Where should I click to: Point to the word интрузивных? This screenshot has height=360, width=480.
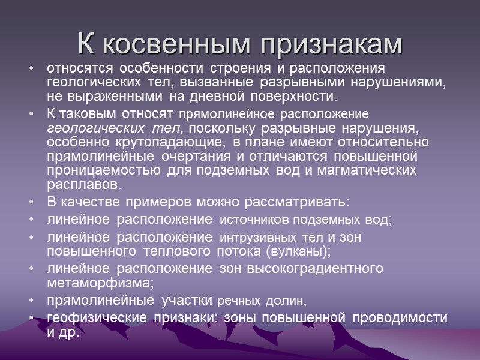tap(260, 238)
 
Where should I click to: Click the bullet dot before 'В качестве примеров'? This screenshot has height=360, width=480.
tap(31, 202)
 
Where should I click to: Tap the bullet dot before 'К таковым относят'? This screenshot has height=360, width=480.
tap(31, 113)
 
